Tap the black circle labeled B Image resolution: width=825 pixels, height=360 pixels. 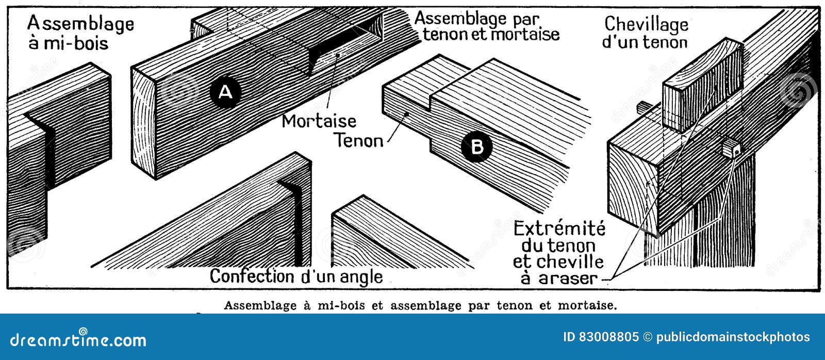[x=477, y=147]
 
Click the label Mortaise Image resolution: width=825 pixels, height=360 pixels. [x=319, y=121]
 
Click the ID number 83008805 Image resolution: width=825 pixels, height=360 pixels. [x=608, y=337]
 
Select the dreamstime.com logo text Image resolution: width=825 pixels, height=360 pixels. [x=78, y=340]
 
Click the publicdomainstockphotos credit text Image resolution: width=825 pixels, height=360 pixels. [x=733, y=337]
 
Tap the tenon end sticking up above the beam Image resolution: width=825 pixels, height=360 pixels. [x=701, y=85]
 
